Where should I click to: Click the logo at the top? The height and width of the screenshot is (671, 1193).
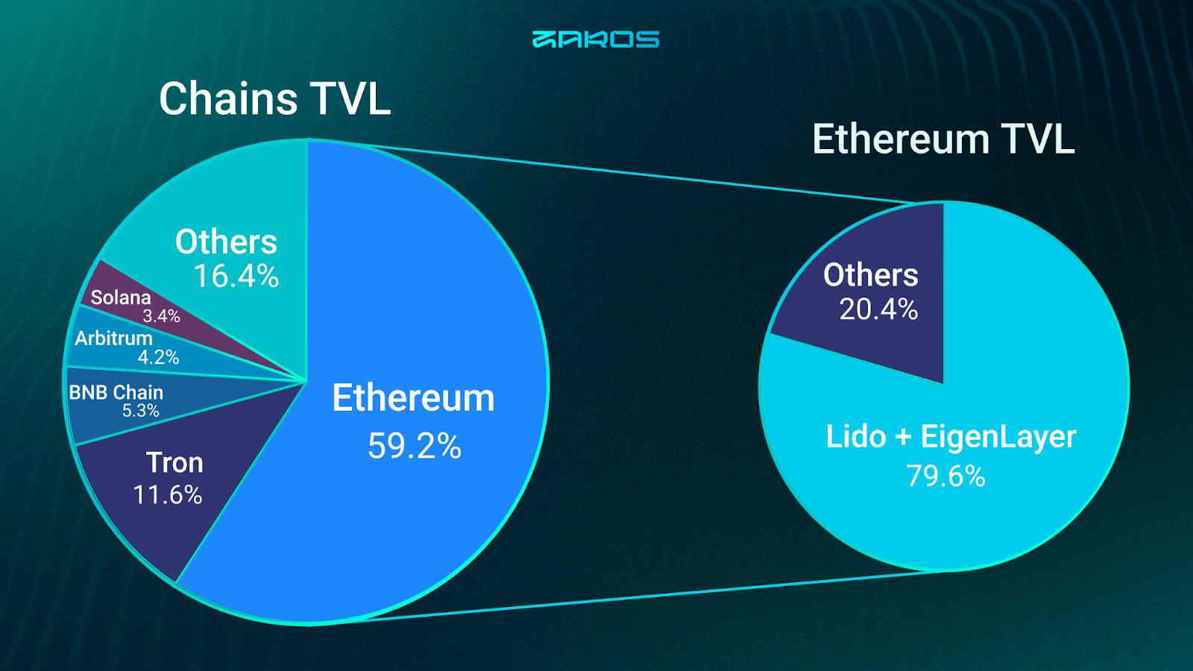click(596, 40)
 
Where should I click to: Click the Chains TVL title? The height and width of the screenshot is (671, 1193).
click(275, 98)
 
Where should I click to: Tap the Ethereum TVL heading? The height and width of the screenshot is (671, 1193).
click(943, 139)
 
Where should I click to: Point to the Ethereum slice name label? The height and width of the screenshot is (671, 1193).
click(413, 398)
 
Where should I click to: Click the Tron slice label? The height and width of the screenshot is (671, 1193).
click(174, 462)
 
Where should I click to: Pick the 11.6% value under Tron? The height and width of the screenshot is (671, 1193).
click(167, 494)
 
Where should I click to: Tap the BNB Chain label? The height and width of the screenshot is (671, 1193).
click(116, 392)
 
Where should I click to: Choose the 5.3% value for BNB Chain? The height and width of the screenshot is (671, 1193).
click(141, 411)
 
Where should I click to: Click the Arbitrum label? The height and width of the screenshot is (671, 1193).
click(113, 338)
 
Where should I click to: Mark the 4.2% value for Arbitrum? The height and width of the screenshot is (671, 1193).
click(158, 357)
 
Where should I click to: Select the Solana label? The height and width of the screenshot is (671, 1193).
click(121, 297)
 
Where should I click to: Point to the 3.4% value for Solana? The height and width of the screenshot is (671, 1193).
click(161, 316)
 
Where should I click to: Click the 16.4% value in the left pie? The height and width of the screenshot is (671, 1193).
click(236, 276)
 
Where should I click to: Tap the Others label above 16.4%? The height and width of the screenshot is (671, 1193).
click(227, 242)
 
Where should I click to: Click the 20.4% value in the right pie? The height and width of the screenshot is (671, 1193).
click(879, 309)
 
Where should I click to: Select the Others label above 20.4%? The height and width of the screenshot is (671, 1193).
click(871, 275)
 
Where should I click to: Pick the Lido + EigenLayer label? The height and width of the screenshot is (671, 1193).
click(951, 437)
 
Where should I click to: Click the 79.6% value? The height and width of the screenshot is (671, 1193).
click(946, 476)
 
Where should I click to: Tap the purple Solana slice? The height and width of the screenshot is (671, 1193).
click(160, 314)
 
